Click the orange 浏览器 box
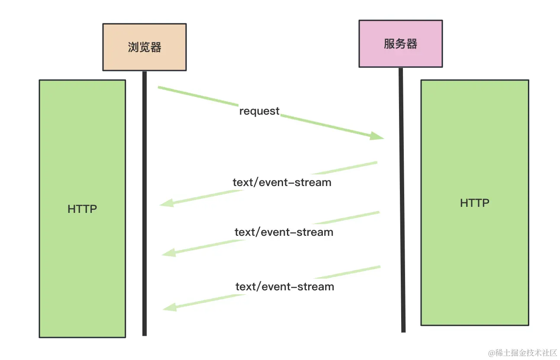click(x=144, y=47)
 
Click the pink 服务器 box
click(x=400, y=44)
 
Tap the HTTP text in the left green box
click(x=82, y=209)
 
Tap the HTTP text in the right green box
click(x=474, y=203)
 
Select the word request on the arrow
click(x=259, y=111)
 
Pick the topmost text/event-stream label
click(x=282, y=182)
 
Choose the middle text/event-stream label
click(x=284, y=232)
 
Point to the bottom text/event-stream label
click(x=285, y=286)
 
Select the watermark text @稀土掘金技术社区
click(x=522, y=352)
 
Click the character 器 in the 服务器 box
click(x=412, y=44)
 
